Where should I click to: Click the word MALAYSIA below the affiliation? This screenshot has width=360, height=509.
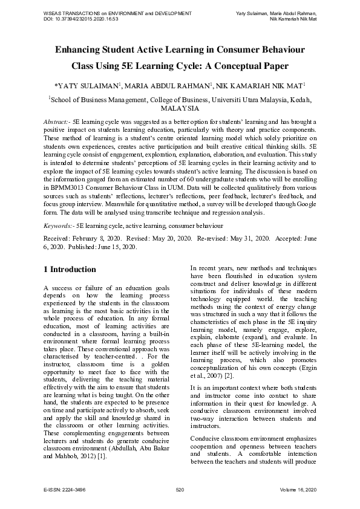point(180,109)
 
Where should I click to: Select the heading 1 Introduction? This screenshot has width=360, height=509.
point(70,269)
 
